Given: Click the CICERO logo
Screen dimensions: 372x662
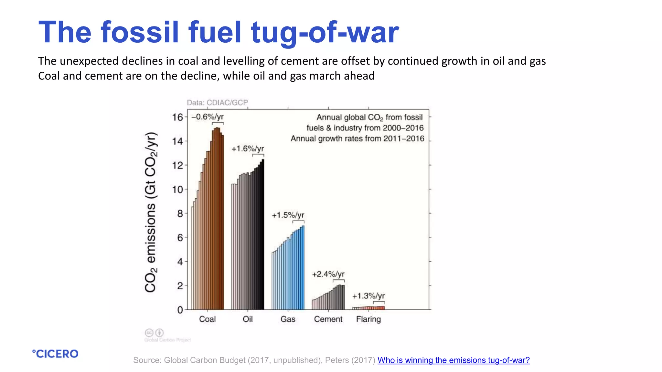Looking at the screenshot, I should [x=55, y=354].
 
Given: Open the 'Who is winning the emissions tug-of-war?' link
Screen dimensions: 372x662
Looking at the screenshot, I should [x=453, y=360].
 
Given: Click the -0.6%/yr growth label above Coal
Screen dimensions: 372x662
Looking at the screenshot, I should [x=208, y=117].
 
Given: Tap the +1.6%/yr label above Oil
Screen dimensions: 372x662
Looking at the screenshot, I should [x=248, y=149].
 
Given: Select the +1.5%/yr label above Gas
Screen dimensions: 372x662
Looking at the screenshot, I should [x=288, y=215].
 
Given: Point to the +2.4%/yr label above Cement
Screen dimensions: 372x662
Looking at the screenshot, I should [x=328, y=274].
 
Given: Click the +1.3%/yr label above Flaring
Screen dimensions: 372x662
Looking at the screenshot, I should [x=368, y=296].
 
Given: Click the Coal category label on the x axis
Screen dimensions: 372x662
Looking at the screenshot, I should [x=207, y=319].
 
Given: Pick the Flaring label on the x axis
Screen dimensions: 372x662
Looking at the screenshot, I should [x=368, y=319].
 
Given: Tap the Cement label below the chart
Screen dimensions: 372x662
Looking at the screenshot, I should [x=328, y=319].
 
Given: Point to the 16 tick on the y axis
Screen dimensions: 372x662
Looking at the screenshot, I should [x=177, y=117].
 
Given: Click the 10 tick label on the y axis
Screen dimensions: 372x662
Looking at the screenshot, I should [x=177, y=189].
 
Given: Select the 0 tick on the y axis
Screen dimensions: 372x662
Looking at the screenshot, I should [x=180, y=310].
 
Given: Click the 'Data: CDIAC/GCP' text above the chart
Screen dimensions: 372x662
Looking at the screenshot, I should [x=217, y=103].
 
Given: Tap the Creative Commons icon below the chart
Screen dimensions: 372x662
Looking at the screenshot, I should [x=149, y=333].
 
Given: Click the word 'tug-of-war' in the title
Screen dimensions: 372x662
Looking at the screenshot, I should [x=325, y=32].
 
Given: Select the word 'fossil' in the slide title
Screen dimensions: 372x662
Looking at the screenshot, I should [x=140, y=32].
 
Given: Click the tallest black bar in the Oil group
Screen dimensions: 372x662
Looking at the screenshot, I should [x=263, y=234].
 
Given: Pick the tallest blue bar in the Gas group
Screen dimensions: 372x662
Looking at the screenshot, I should [x=303, y=268].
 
